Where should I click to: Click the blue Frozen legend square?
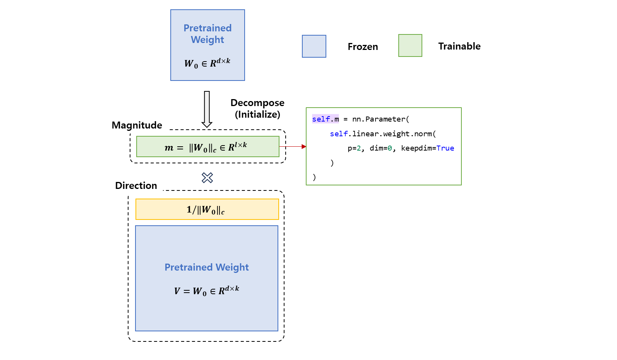pos(314,46)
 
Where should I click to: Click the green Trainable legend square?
pos(410,46)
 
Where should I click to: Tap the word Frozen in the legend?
pos(363,47)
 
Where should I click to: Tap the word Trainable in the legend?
pos(459,46)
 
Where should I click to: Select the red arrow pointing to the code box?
pos(293,147)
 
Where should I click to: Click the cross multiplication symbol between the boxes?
pos(207,178)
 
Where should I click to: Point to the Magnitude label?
pos(137,125)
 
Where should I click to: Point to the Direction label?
pos(136,186)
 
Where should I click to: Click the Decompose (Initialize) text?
pos(257,109)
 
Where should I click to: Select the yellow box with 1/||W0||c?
pos(207,209)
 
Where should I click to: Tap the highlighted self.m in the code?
pos(326,119)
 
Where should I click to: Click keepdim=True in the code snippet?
pos(427,148)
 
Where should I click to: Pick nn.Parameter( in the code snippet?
pos(380,119)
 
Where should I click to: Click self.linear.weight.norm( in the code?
pos(383,134)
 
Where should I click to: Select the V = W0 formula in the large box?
pos(207,291)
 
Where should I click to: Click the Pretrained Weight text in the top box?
pos(207,34)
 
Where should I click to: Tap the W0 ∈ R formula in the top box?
pos(207,63)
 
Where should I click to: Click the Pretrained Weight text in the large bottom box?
pos(207,267)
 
